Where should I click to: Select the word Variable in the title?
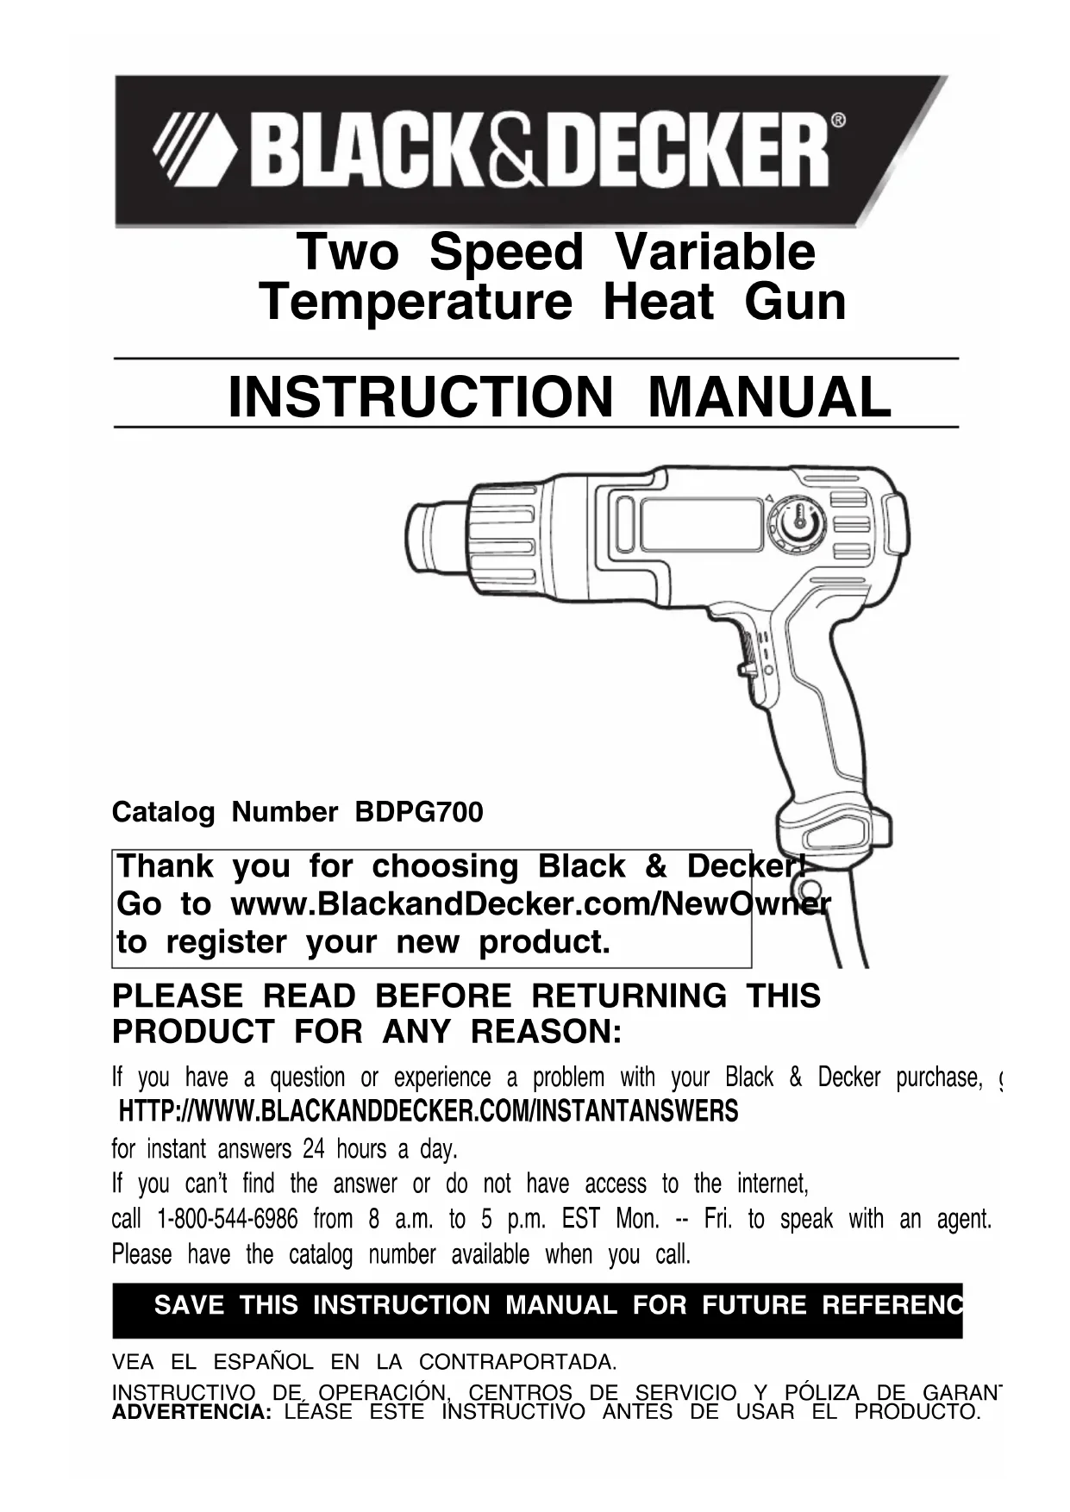pos(715,252)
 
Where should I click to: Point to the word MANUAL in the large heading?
pos(769,397)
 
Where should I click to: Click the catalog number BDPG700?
pos(419,812)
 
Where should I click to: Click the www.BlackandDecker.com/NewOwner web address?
pos(530,904)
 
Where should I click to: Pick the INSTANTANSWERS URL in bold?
pos(429,1112)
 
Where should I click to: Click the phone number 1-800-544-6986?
pos(228,1219)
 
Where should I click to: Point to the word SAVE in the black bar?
pos(189,1305)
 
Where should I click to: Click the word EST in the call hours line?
pos(580,1219)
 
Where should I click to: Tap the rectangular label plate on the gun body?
pos(701,525)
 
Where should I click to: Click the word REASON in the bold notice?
pos(546,1031)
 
